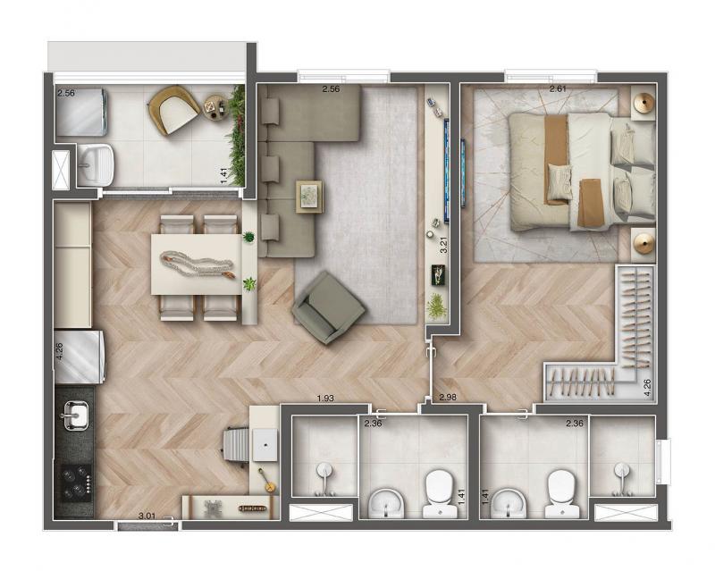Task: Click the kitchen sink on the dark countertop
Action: pyautogui.click(x=75, y=415)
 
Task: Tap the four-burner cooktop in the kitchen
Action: pyautogui.click(x=76, y=483)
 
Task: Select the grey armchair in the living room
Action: pyautogui.click(x=328, y=308)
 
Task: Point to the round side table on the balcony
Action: pyautogui.click(x=215, y=108)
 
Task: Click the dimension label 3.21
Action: pyautogui.click(x=442, y=245)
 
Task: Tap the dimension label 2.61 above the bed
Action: pyautogui.click(x=558, y=89)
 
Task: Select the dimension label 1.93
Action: pyautogui.click(x=325, y=399)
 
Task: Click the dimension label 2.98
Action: pyautogui.click(x=448, y=398)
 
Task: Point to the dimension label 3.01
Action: pyautogui.click(x=147, y=516)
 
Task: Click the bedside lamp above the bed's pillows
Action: pyautogui.click(x=643, y=102)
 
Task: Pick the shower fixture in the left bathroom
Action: pyautogui.click(x=324, y=478)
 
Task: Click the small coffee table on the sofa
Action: pyautogui.click(x=309, y=197)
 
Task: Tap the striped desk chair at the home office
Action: pyautogui.click(x=236, y=445)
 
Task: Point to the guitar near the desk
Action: pyautogui.click(x=265, y=481)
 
